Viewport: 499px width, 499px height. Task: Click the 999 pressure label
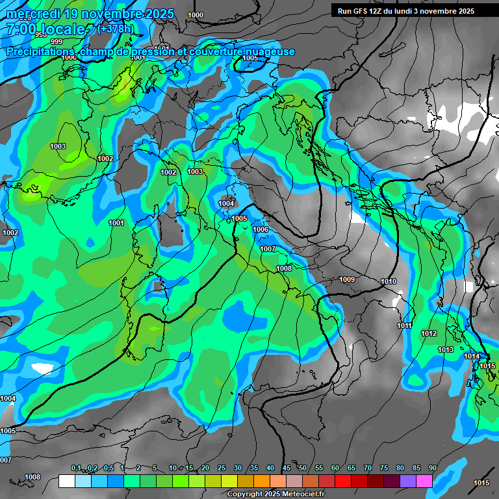(x=57, y=42)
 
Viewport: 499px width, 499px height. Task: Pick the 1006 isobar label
(x=261, y=229)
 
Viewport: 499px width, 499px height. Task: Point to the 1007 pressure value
(x=268, y=249)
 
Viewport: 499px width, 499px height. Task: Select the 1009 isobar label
(x=347, y=279)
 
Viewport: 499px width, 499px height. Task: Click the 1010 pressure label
(x=389, y=281)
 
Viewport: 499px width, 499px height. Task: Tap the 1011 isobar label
(x=405, y=326)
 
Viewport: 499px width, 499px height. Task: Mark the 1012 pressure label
(x=429, y=333)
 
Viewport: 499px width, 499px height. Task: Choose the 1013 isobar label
(x=446, y=350)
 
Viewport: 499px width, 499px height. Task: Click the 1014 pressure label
(x=472, y=356)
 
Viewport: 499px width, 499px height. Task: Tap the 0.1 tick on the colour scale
(x=76, y=468)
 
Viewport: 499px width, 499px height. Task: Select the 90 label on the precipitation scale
(x=432, y=468)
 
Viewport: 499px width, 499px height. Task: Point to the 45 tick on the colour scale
(x=287, y=468)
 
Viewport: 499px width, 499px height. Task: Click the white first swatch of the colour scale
(x=67, y=481)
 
